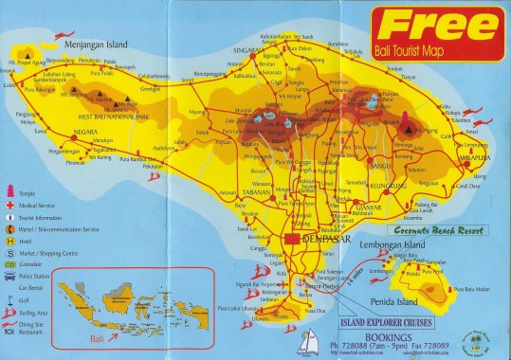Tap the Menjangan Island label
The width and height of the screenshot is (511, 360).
point(94,43)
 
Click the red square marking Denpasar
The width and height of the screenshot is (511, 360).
point(294,238)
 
